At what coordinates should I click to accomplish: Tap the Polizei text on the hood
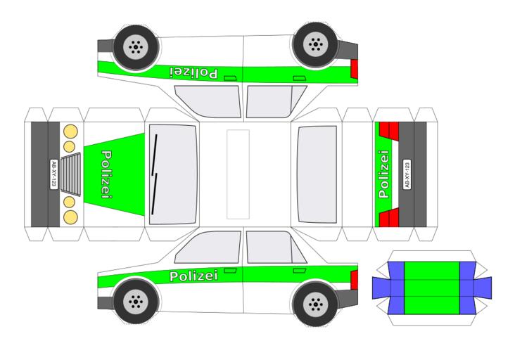point(107,174)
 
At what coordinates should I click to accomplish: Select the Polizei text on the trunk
point(383,174)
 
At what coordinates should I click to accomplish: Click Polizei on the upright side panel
point(193,276)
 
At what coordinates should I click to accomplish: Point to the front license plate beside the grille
point(54,174)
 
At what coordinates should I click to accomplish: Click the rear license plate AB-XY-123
point(405,174)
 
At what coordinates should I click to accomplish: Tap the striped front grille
point(71,174)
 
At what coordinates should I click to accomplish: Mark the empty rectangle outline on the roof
point(238,174)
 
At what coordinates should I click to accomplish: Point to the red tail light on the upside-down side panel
point(354,68)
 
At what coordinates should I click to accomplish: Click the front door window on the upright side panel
point(212,246)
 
